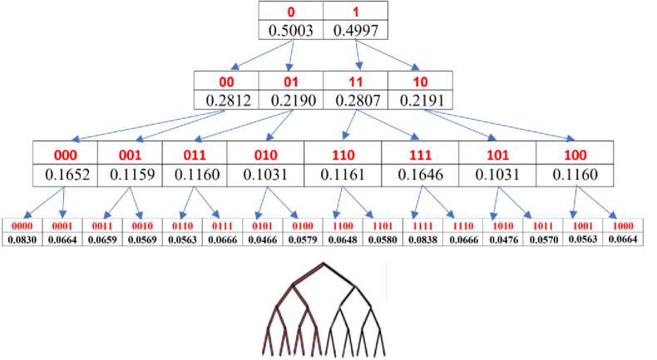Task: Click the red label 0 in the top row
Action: [x=290, y=12]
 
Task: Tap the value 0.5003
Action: [x=290, y=31]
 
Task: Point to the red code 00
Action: [x=226, y=81]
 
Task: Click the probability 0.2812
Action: [x=226, y=101]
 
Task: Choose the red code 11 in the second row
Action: [x=355, y=81]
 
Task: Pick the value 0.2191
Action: [x=420, y=101]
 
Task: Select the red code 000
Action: [x=65, y=154]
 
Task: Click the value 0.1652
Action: [x=65, y=175]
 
